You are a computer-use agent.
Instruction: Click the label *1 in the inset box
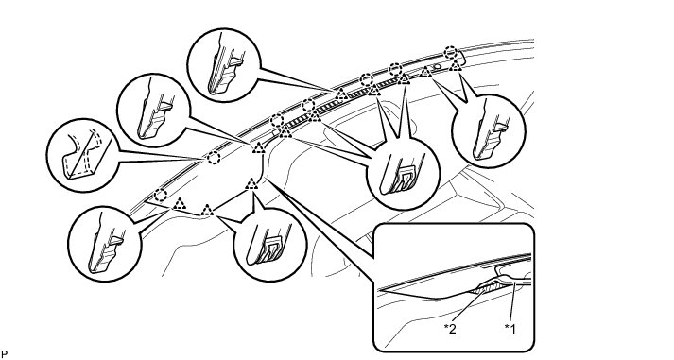tap(510, 329)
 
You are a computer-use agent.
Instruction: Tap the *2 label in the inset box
tap(450, 329)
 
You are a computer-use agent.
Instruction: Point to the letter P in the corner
tap(4, 354)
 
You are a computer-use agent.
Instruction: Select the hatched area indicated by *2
tap(486, 288)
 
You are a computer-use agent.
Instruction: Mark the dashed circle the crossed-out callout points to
tap(214, 158)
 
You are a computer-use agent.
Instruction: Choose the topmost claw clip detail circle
tap(224, 65)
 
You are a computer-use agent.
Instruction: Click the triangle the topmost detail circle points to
tap(341, 94)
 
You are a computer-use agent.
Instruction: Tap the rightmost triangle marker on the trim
tap(456, 65)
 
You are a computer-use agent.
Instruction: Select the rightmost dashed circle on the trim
tap(450, 52)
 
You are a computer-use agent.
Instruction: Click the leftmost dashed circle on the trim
tap(161, 196)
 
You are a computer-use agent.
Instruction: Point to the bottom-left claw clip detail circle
tap(105, 245)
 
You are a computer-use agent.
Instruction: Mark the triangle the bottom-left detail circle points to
tap(180, 204)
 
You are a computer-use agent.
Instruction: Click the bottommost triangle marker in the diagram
tap(207, 210)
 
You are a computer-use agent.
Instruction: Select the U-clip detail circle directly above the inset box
tap(404, 173)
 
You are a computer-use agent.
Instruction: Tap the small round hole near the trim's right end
tap(437, 67)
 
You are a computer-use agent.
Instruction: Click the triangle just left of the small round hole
tap(426, 72)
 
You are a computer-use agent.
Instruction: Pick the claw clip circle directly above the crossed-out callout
tap(153, 111)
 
